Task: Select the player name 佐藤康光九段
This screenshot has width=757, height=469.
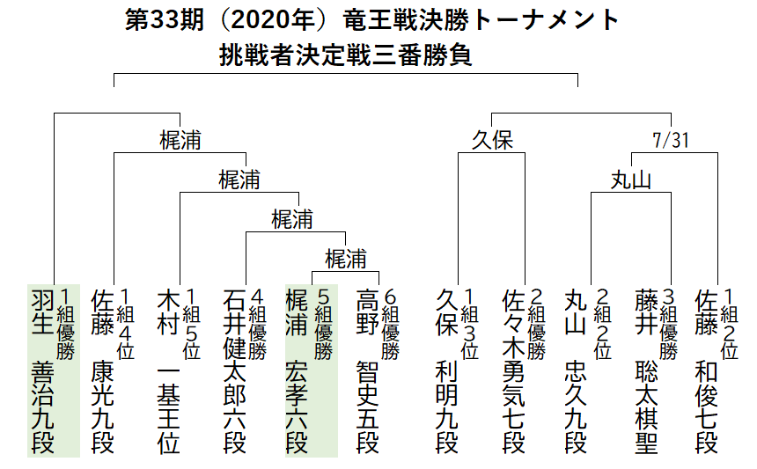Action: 103,370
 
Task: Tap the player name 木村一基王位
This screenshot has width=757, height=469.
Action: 168,370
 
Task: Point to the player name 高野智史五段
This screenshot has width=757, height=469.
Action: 367,370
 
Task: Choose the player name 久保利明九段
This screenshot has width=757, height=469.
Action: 448,370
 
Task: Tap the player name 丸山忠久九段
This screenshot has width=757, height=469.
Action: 577,370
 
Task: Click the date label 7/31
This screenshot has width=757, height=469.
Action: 671,141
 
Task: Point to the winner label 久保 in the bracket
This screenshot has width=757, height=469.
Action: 491,141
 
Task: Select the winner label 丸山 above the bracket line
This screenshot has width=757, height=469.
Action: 631,180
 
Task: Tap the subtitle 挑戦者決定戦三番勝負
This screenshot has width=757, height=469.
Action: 347,55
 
